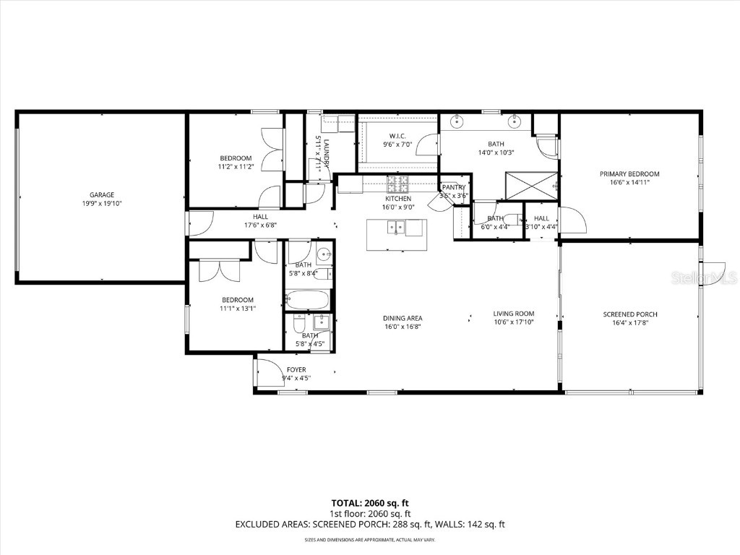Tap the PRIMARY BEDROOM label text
coord(629,173)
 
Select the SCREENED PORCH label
coord(629,314)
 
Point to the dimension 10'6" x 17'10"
coord(514,323)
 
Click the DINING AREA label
coord(403,318)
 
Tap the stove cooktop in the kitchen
coord(397,184)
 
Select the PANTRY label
coord(454,187)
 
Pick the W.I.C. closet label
coord(397,136)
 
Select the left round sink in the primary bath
coord(457,121)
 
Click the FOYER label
coord(296,369)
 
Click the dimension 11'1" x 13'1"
coord(237,309)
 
